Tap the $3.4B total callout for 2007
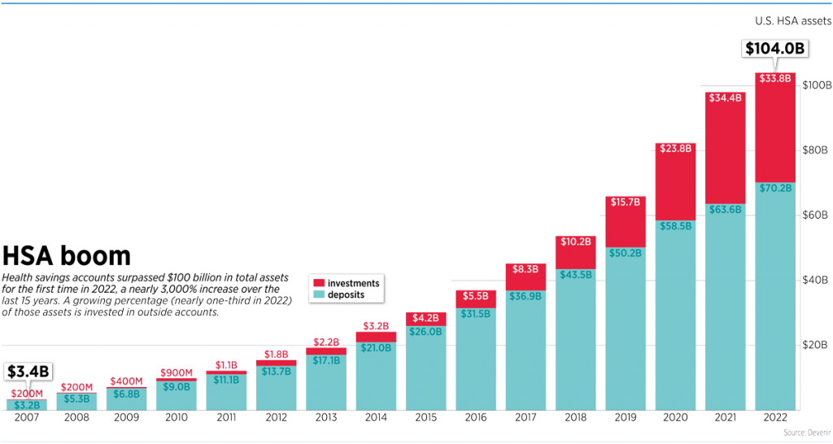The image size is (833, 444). tap(28, 372)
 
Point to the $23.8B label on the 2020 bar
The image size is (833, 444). tap(675, 149)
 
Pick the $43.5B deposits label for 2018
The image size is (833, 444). tap(576, 275)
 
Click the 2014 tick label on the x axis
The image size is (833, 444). tap(376, 417)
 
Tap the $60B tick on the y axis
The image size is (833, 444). tap(814, 215)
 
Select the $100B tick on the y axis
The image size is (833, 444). tap(816, 85)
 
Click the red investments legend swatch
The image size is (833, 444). tap(318, 284)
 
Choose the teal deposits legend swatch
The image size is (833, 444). tap(318, 294)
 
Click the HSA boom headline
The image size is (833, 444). tap(66, 256)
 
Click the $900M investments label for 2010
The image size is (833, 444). tap(177, 373)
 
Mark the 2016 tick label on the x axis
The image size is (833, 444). tap(476, 417)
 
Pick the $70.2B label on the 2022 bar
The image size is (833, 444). tap(775, 188)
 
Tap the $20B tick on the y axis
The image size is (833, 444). tap(814, 346)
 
